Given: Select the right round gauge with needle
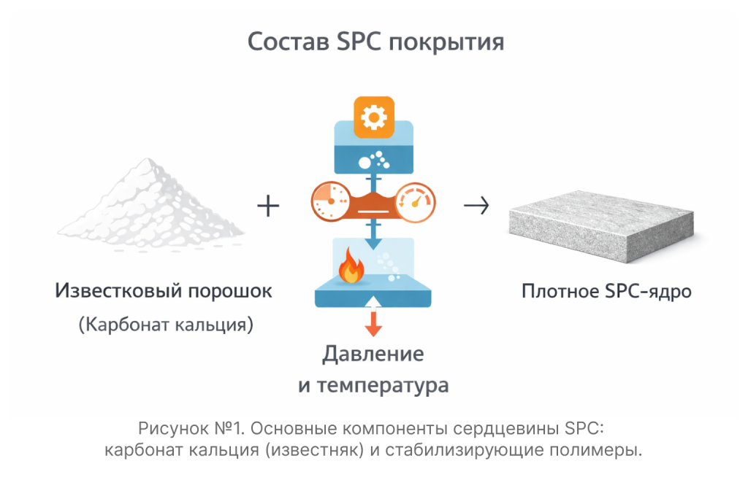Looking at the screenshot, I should [x=416, y=202].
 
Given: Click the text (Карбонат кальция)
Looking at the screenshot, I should [x=166, y=325].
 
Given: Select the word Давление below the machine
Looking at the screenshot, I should [x=373, y=355].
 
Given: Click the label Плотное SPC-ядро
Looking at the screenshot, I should [x=606, y=292].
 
